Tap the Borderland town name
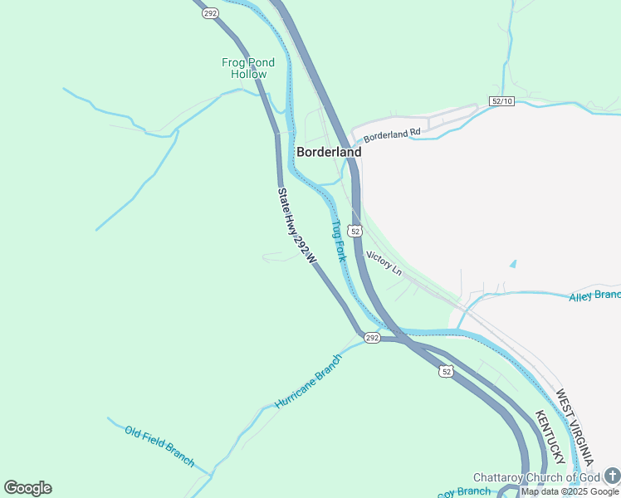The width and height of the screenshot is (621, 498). [x=329, y=152]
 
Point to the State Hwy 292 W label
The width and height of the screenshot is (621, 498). [x=296, y=226]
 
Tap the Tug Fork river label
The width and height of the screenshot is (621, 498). [x=339, y=241]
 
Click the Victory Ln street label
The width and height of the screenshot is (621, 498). [x=384, y=265]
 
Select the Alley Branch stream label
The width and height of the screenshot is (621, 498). [x=594, y=296]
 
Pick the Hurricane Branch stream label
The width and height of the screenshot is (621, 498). [x=308, y=381]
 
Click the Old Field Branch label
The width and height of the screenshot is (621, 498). [x=159, y=446]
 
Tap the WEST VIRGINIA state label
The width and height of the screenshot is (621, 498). [x=575, y=426]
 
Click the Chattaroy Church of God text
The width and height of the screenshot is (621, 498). [x=536, y=477]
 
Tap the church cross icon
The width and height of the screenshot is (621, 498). [x=612, y=475]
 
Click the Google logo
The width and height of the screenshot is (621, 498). [x=27, y=488]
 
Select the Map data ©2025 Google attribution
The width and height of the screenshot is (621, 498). [x=570, y=491]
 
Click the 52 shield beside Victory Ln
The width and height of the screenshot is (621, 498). [x=355, y=230]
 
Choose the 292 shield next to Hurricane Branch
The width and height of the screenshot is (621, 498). [x=371, y=338]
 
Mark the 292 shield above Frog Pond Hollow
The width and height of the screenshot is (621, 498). [x=209, y=12]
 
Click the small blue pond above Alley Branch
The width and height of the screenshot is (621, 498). [x=512, y=264]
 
